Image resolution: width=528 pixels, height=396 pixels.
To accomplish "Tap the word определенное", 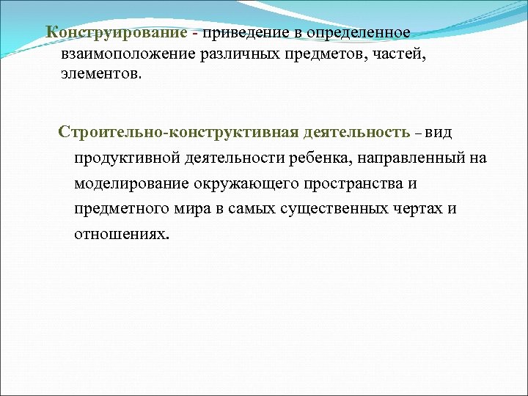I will pyautogui.click(x=361, y=34).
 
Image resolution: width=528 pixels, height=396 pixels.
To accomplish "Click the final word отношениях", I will pyautogui.click(x=122, y=235).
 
